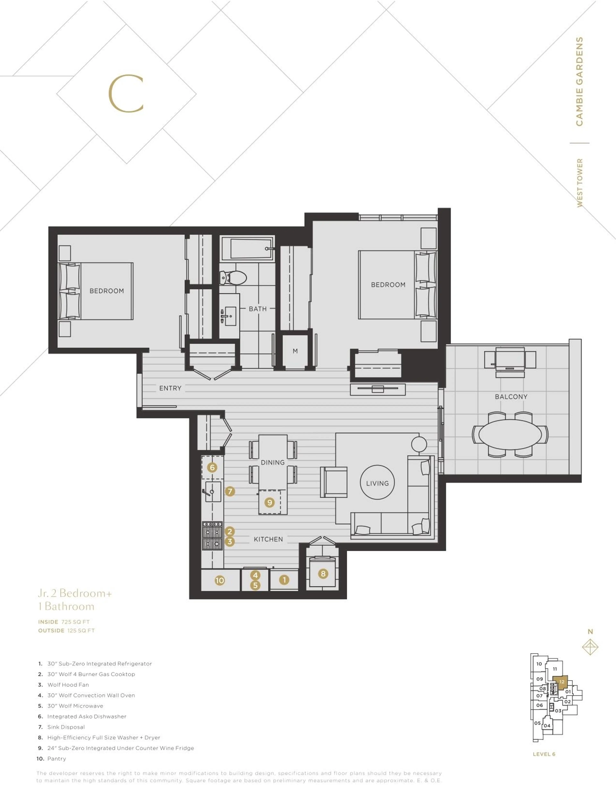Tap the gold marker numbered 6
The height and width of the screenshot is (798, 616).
click(212, 467)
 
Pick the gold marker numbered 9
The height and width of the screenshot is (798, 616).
click(269, 502)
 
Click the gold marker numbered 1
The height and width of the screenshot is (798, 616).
click(284, 580)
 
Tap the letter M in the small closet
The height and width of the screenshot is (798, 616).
click(295, 351)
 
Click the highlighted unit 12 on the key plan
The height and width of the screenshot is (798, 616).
click(561, 682)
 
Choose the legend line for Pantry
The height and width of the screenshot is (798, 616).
click(57, 759)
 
